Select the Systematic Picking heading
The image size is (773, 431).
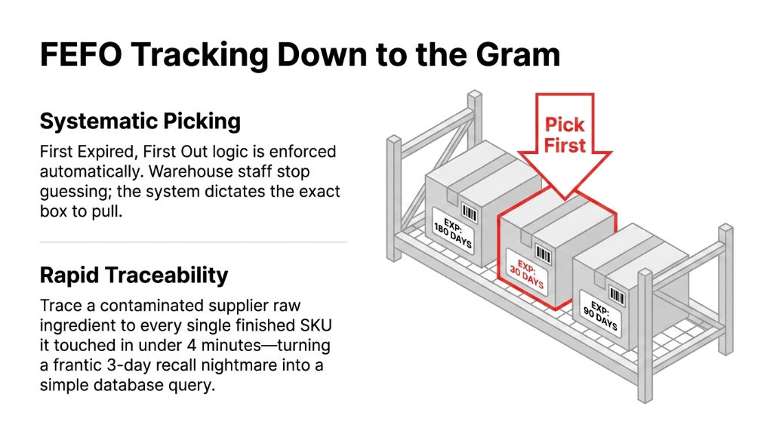(x=140, y=122)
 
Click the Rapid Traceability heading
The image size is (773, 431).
(x=134, y=276)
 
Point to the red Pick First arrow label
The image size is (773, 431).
(x=565, y=135)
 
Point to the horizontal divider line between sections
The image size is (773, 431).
(x=193, y=242)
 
